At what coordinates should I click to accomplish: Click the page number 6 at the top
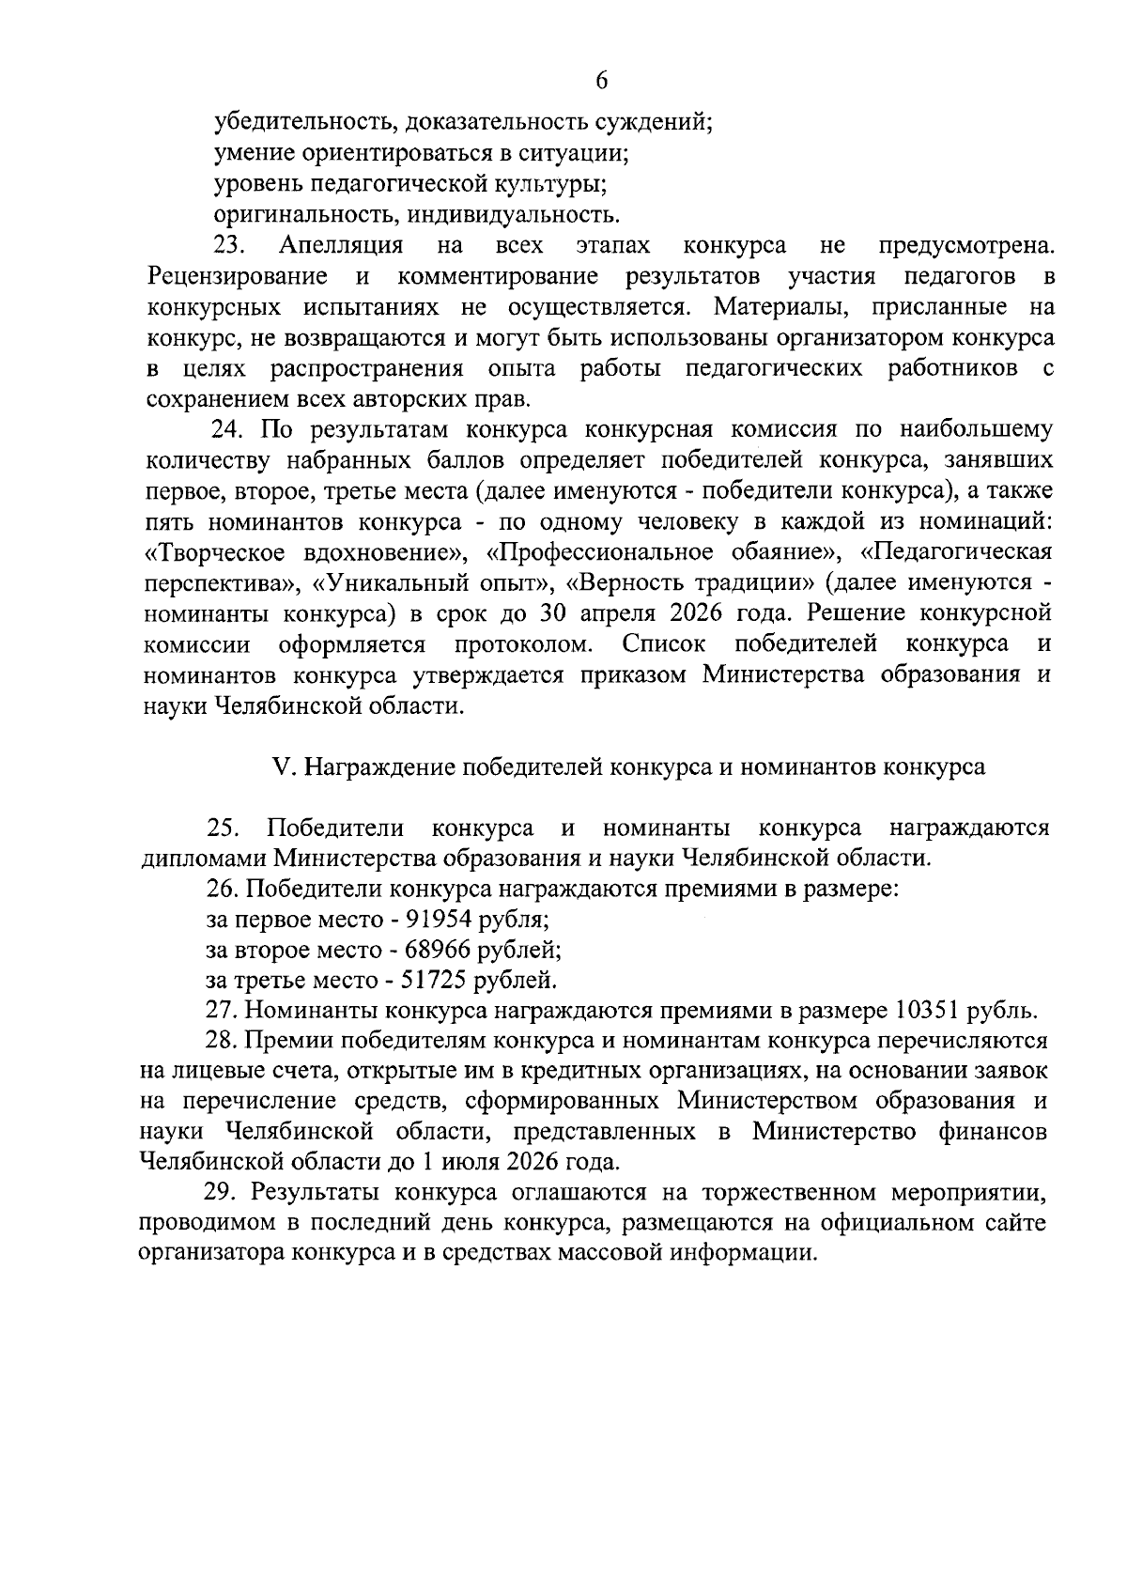pyautogui.click(x=602, y=82)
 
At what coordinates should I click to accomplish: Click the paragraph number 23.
pyautogui.click(x=229, y=246)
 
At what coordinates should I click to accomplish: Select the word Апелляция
pyautogui.click(x=341, y=246)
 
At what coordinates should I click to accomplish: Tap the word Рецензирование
pyautogui.click(x=238, y=277)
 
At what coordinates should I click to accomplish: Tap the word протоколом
pyautogui.click(x=524, y=644)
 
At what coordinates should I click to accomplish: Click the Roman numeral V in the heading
pyautogui.click(x=279, y=767)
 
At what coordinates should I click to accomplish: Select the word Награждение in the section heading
pyautogui.click(x=379, y=767)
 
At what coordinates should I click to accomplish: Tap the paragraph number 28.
pyautogui.click(x=221, y=1041)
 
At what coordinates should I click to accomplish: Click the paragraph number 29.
pyautogui.click(x=221, y=1193)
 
